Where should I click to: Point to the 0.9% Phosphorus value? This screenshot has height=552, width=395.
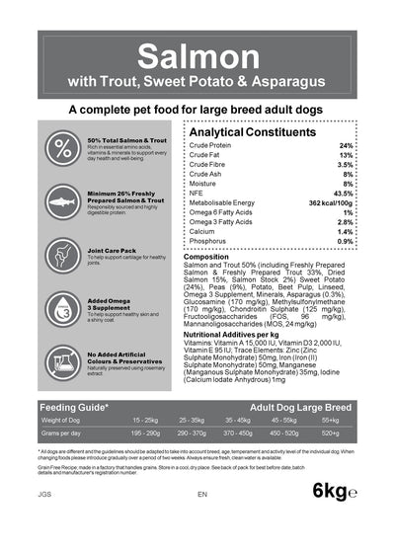[345, 241]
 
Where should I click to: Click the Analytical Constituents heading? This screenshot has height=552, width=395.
[260, 131]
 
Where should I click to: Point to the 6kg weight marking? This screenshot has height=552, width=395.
[335, 517]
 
